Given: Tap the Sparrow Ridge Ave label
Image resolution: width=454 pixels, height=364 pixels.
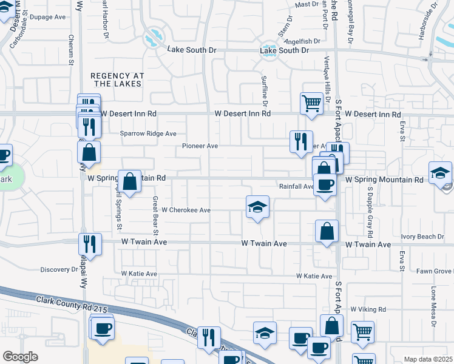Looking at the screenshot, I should point(147,133).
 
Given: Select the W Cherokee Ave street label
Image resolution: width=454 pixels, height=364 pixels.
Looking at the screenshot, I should point(186,210).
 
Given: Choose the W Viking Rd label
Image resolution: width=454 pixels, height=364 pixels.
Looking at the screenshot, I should point(368,309).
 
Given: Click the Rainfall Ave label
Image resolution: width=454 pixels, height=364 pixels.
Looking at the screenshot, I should point(296,186).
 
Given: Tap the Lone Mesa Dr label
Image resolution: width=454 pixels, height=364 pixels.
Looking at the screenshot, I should point(433,306).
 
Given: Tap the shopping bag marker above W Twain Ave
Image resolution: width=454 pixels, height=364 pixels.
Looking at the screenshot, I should point(327,231).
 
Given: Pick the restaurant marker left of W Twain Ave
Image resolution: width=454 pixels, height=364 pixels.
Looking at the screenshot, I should point(90,244).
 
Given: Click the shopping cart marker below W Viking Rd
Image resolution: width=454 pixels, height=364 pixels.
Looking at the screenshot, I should point(363,331).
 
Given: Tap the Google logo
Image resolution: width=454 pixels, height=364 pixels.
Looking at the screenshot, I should point(20,357).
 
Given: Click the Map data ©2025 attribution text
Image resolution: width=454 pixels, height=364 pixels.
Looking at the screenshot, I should point(428,359).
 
